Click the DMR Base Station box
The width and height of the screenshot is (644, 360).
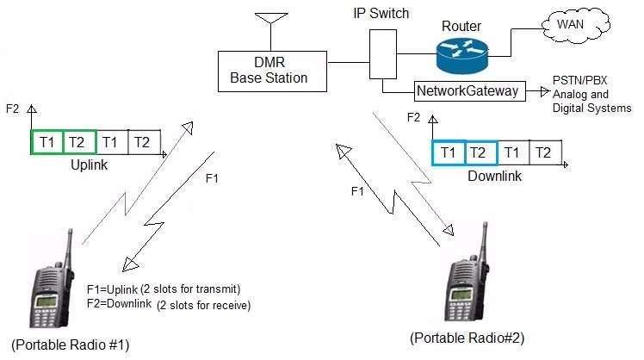[x=269, y=71]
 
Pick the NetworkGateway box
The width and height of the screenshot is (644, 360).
[x=469, y=90]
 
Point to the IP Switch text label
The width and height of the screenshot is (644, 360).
[x=382, y=14]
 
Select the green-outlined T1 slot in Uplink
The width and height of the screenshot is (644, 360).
[x=46, y=142]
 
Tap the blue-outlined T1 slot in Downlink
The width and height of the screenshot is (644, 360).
[x=449, y=152]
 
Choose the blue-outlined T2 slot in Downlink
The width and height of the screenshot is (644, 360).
[x=481, y=152]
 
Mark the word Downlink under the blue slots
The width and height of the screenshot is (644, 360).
[x=495, y=176]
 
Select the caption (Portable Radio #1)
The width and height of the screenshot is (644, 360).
[x=65, y=345]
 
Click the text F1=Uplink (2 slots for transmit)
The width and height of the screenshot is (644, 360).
[x=164, y=288]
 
